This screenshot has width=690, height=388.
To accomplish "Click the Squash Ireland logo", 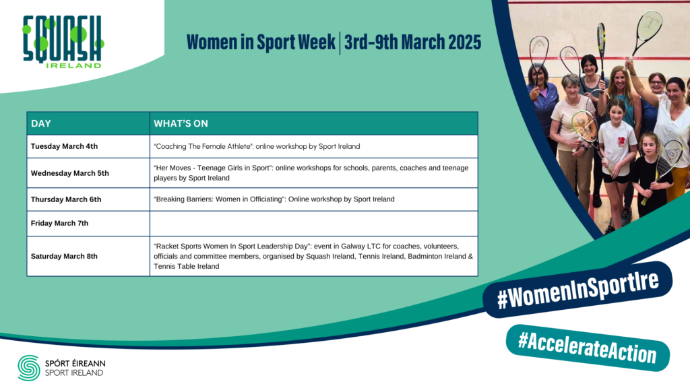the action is point(63,42).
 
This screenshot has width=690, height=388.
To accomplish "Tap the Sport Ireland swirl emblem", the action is point(28,368).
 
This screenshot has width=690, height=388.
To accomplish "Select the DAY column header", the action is point(41,124).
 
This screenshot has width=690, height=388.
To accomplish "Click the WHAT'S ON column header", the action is point(181,124).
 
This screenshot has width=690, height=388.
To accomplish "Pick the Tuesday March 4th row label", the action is point(64,146).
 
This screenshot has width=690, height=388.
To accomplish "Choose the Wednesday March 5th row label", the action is point(69,173).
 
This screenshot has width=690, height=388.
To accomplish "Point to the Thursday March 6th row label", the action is point(66,199).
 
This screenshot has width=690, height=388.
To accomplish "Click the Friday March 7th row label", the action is point(59,223).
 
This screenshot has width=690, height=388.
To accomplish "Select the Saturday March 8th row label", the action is point(64,256).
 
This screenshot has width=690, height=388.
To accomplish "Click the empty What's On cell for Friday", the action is point(314,224).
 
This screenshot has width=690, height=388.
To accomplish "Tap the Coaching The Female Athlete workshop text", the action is point(257,146).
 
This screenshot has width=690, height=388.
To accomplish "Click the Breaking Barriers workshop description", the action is point(274,199).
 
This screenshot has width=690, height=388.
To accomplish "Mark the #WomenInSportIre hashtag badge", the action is point(577,290).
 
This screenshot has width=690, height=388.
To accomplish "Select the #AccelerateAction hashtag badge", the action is point(588,348).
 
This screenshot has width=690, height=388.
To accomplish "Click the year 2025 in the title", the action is point(465,42).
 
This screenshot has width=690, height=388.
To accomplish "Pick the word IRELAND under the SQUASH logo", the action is point(73,65).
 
